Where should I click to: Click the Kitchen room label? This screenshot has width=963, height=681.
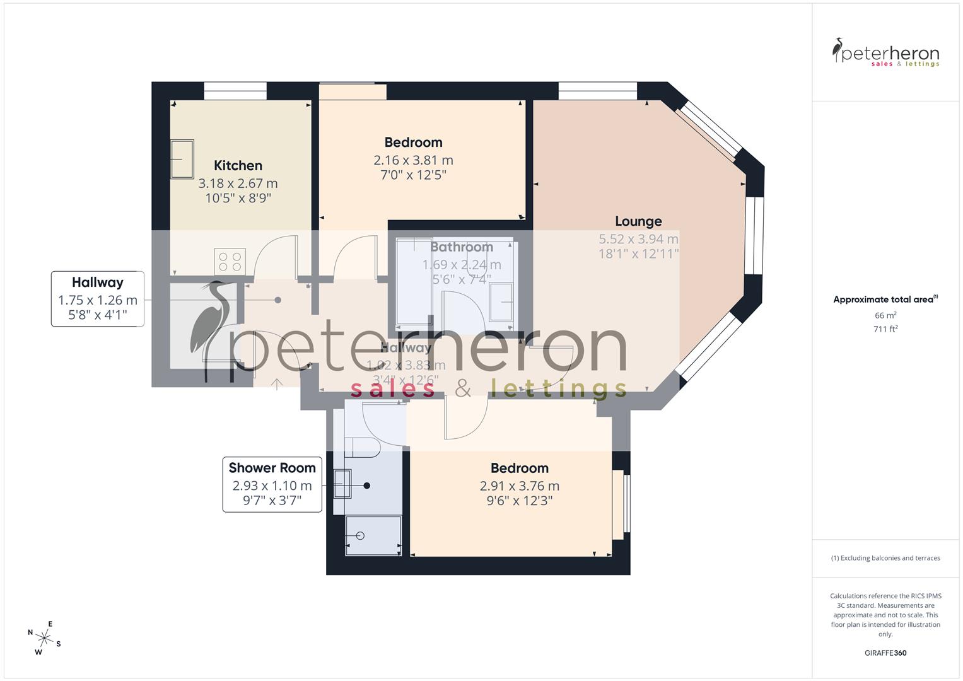point(238,166)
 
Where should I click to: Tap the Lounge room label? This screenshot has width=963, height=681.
point(638,221)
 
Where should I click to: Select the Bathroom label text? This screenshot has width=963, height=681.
point(462,247)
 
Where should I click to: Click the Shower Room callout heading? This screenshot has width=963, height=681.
point(272,468)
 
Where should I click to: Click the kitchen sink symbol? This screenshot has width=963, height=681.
point(182,159)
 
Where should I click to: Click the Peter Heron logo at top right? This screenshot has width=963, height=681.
point(885,53)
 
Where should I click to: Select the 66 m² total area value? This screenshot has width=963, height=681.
point(885,315)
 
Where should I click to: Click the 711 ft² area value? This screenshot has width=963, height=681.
point(885,329)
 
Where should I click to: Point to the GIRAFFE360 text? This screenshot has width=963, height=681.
point(885,653)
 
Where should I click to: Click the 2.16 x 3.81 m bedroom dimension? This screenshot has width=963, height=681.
point(413,160)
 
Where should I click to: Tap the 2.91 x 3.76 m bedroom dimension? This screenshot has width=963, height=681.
point(519,486)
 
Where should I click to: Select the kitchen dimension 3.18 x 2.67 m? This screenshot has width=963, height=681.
point(238,183)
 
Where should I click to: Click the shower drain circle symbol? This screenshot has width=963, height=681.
point(360,536)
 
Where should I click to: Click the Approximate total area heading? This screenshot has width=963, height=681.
point(885,300)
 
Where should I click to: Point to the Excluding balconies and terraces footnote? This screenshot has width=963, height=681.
point(885,558)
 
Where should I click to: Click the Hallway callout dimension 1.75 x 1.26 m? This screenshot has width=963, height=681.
point(98,300)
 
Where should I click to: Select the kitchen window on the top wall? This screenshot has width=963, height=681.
point(235,91)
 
